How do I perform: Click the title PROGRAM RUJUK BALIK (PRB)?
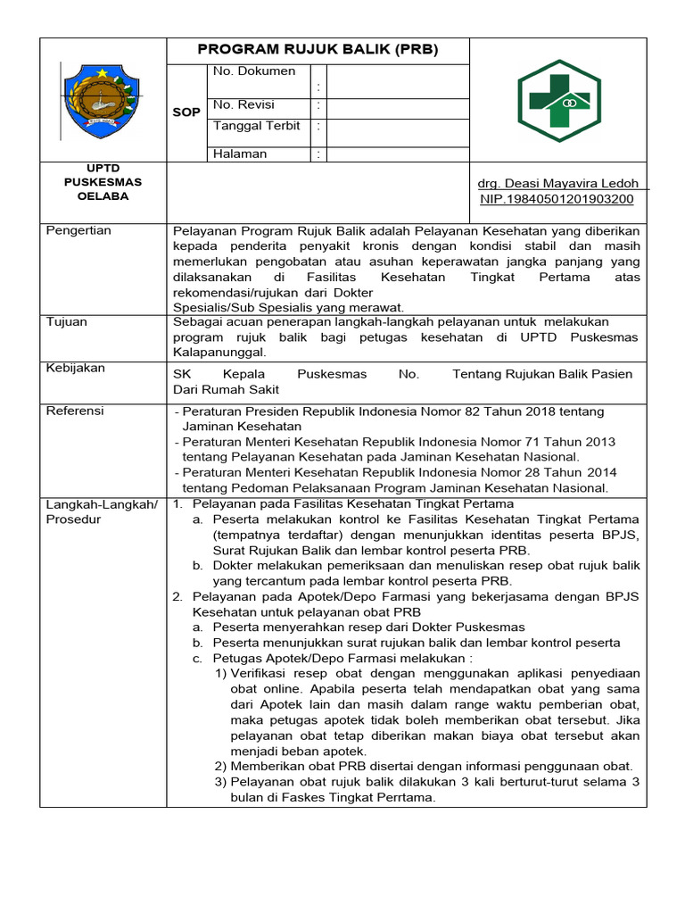tap(318, 50)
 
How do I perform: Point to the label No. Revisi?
tap(243, 105)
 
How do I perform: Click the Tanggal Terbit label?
tap(256, 126)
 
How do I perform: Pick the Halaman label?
tap(240, 154)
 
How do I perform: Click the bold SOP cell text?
tap(186, 112)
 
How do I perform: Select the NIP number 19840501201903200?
tap(557, 199)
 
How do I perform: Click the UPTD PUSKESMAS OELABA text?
tap(102, 182)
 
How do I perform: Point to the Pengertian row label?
tap(78, 230)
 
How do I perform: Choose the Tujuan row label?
tap(67, 321)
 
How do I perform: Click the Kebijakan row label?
tap(75, 368)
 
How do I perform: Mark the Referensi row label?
tap(75, 411)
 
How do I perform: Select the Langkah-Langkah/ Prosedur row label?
tap(101, 511)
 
